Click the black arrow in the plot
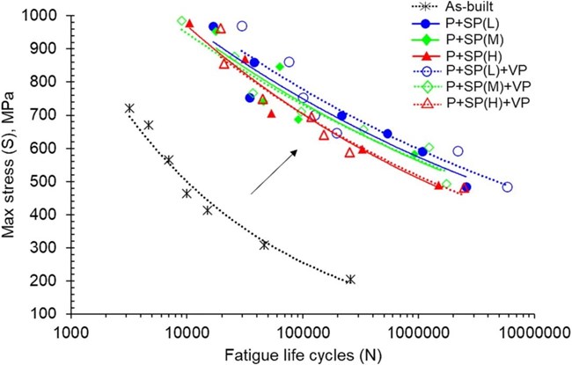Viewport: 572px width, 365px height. [x=274, y=171]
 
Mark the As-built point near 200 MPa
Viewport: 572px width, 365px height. [x=350, y=280]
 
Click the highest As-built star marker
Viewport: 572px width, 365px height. [x=129, y=108]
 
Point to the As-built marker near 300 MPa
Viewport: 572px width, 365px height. [x=264, y=245]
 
